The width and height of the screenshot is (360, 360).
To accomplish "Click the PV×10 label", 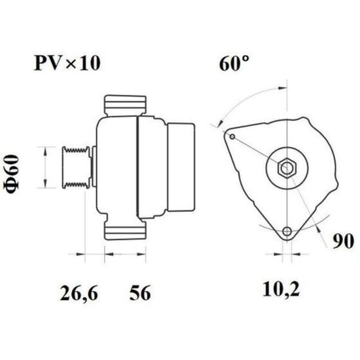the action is [x=67, y=63].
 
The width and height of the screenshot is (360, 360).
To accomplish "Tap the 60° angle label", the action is [x=234, y=63].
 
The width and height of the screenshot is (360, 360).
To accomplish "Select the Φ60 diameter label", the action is [x=12, y=174].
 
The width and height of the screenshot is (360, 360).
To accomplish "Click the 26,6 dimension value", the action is [x=79, y=293].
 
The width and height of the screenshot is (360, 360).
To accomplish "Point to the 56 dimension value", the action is [x=140, y=293].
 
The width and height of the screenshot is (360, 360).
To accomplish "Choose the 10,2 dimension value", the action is [x=281, y=289].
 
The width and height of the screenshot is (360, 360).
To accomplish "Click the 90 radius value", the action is [x=343, y=241].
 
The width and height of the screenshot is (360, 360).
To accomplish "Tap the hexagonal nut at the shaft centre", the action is [x=287, y=168].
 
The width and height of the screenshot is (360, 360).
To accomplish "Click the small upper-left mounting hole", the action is [x=232, y=137].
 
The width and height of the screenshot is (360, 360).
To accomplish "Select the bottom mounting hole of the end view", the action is [x=287, y=231].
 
